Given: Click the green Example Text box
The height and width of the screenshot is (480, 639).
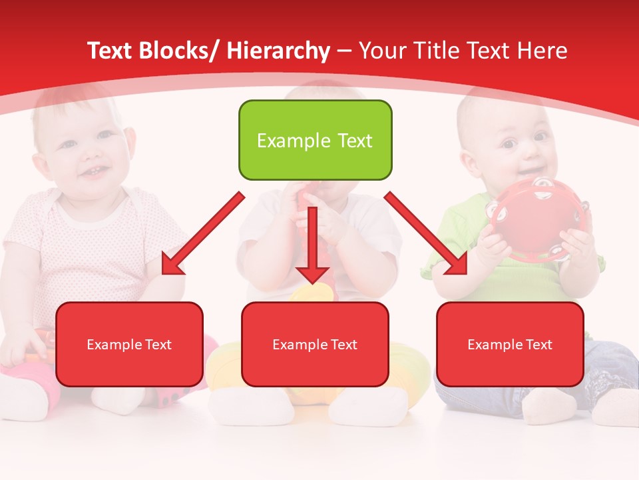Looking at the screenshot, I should (x=315, y=140).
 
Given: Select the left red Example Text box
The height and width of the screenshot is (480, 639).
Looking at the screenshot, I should (x=129, y=344).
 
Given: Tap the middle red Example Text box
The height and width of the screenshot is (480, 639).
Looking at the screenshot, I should (x=315, y=344).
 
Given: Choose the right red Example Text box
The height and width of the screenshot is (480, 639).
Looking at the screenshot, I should (x=510, y=344).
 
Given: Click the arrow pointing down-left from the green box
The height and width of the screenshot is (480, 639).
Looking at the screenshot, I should (x=203, y=233).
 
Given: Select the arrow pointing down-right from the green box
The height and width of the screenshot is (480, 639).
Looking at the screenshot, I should (x=426, y=233).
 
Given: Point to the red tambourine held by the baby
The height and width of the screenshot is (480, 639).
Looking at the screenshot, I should (x=526, y=220).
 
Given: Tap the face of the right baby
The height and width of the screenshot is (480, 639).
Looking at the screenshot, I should (x=523, y=143).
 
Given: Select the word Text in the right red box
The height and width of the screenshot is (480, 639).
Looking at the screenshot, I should (x=538, y=344).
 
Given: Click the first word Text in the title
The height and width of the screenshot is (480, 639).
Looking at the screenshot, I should (x=112, y=51).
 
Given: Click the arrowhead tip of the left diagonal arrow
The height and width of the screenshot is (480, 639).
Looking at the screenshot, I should (x=164, y=272).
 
